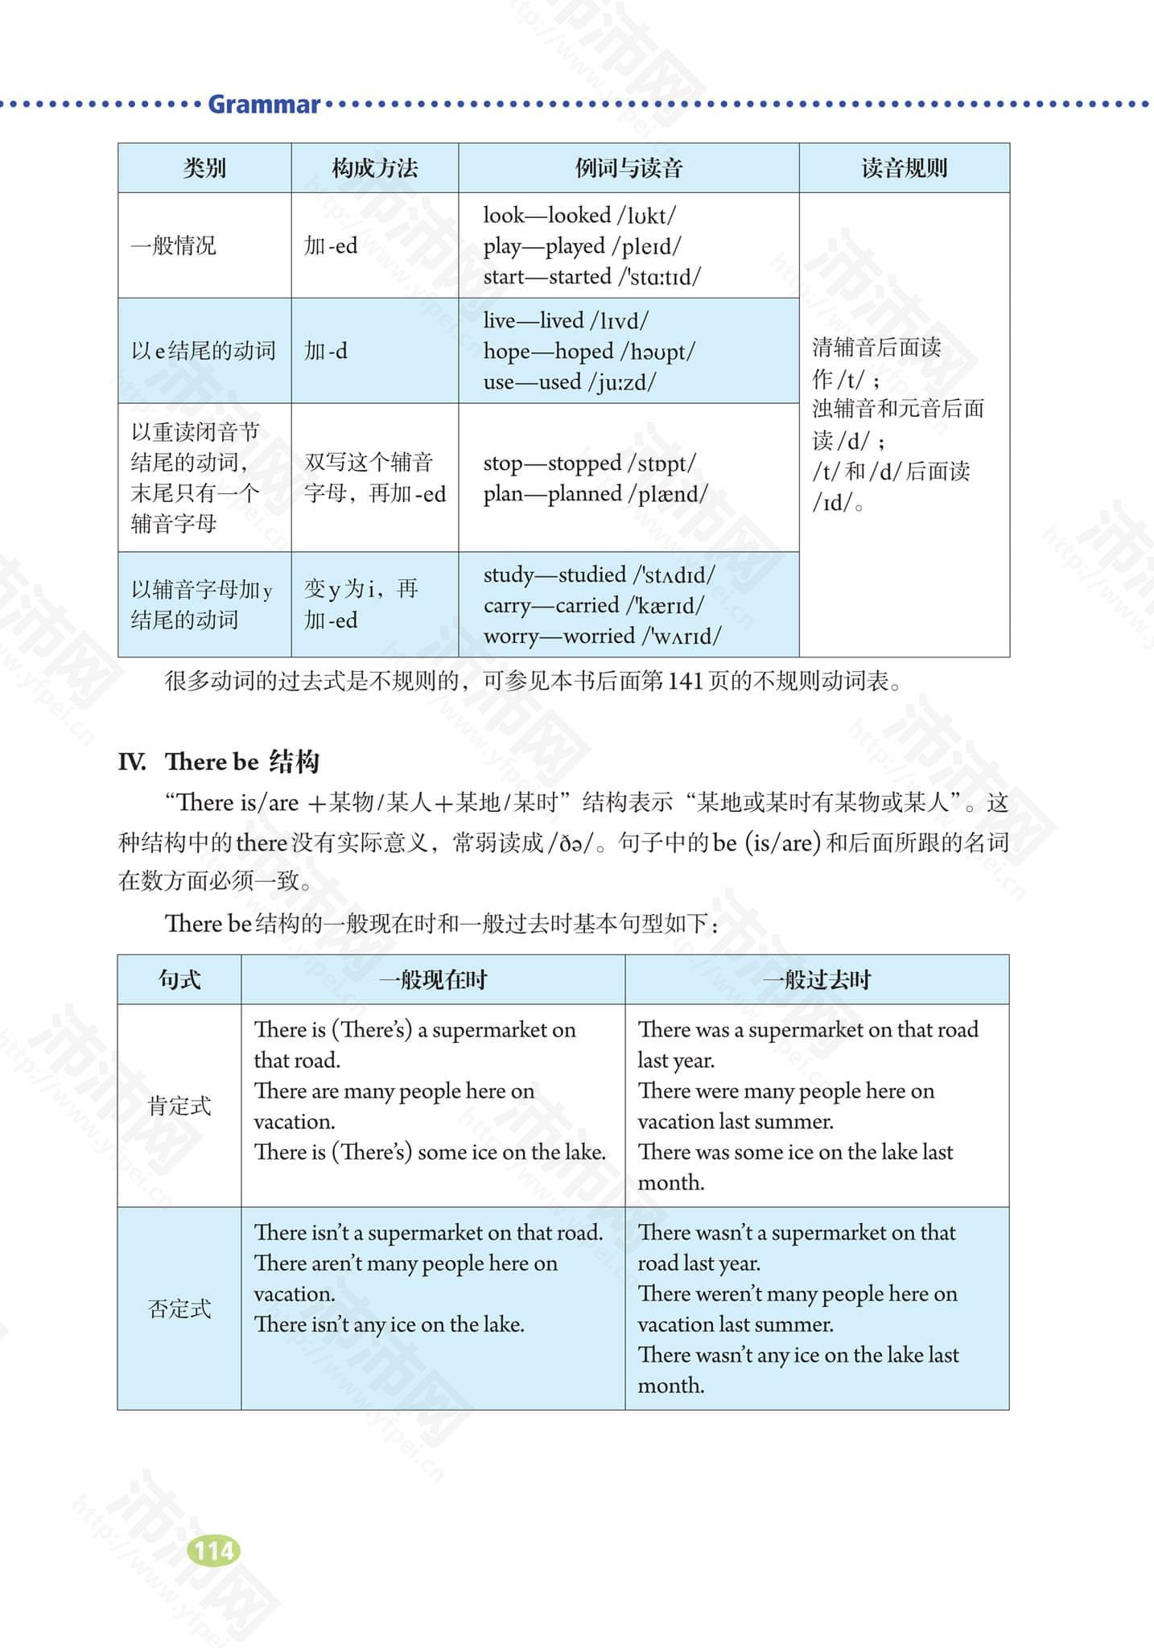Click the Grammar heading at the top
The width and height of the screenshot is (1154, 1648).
[264, 105]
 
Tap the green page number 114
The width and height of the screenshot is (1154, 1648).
[213, 1551]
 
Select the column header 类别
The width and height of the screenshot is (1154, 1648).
[204, 168]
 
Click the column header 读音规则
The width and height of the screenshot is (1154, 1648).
[904, 168]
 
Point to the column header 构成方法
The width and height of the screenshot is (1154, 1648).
[374, 168]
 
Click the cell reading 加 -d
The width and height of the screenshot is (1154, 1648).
[326, 351]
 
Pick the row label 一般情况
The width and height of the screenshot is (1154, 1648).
[174, 245]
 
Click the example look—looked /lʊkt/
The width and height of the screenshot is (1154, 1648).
[579, 216]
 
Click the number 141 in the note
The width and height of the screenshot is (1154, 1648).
[686, 682]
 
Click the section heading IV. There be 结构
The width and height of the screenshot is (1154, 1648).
[219, 761]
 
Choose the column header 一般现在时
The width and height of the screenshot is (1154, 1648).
[433, 979]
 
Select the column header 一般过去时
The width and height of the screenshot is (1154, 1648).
[817, 979]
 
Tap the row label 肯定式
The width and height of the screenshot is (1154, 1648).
[179, 1106]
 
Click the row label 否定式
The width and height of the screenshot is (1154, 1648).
[179, 1308]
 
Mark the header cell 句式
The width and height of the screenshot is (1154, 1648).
[179, 979]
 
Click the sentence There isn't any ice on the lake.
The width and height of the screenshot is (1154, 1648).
[389, 1325]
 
